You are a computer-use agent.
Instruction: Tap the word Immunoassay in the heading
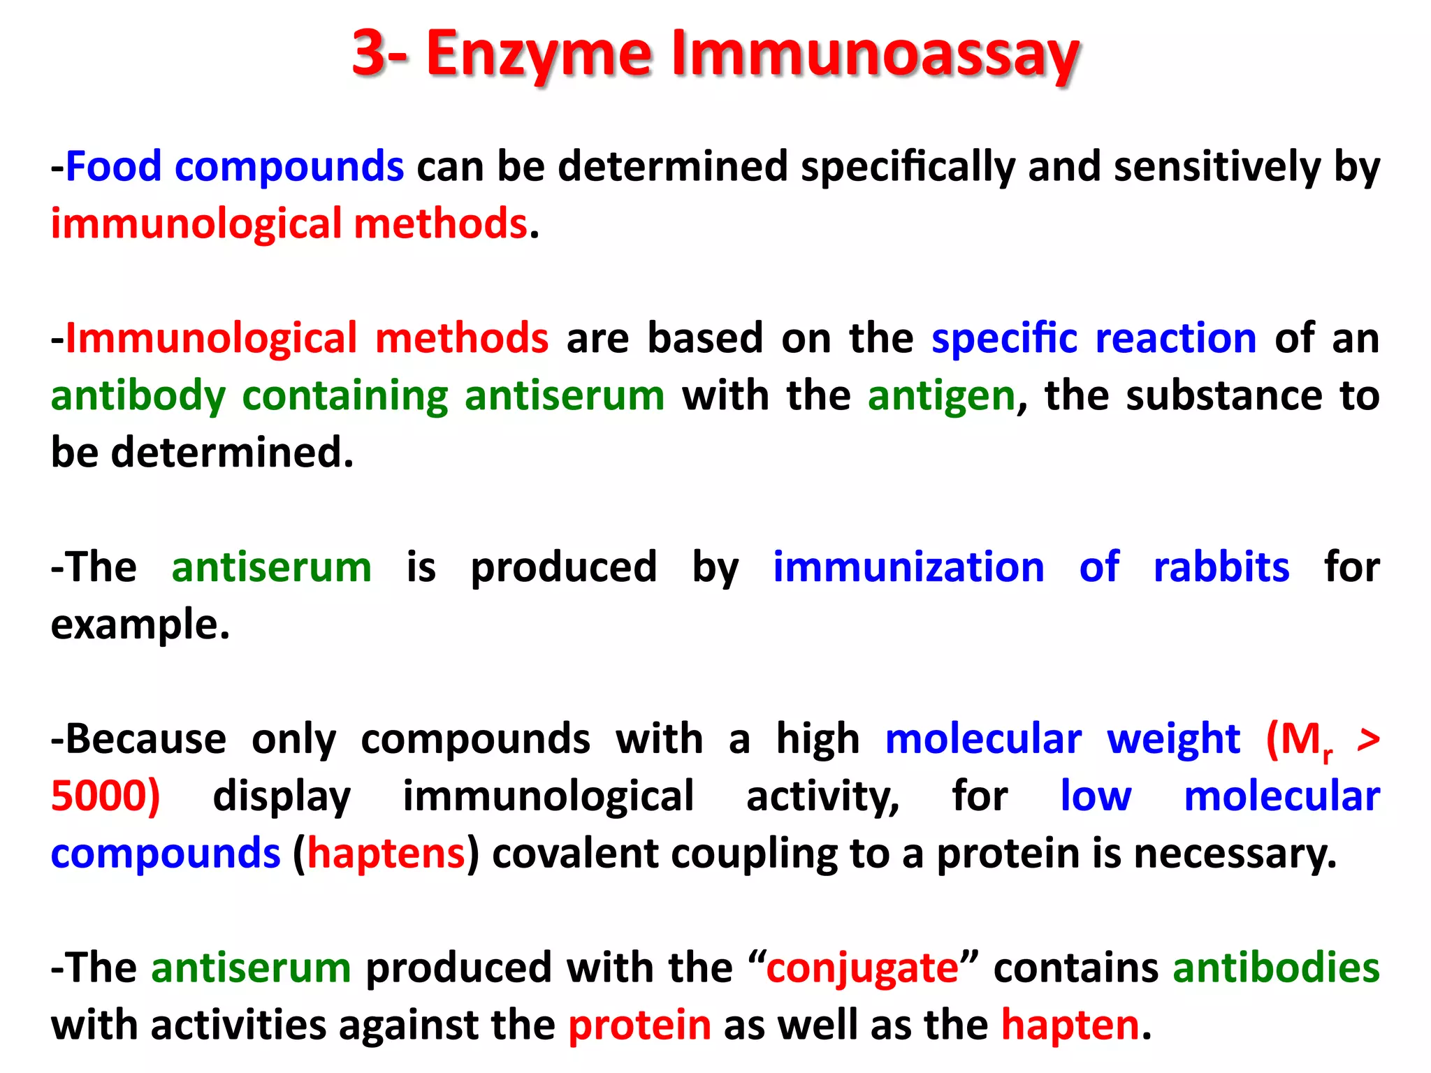(876, 54)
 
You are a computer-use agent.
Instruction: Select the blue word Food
(113, 167)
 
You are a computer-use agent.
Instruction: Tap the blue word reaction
(1176, 339)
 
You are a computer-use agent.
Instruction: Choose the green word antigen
(941, 396)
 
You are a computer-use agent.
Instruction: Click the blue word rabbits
(1221, 567)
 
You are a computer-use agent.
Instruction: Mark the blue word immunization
(908, 567)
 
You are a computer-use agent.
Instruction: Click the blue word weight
(1174, 739)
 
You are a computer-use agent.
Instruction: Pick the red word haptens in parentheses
(386, 854)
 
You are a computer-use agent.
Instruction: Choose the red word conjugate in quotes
(862, 969)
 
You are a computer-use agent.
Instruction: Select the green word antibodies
(1276, 968)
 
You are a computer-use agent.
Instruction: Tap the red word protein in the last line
(639, 1025)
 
